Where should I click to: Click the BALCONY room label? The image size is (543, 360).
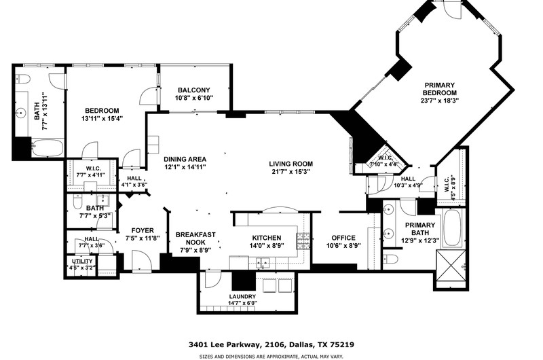pos(194,90)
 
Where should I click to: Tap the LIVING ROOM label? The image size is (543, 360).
pos(291,164)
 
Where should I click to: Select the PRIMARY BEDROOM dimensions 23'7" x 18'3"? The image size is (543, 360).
pos(439,101)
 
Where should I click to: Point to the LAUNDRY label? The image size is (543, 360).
pos(242,297)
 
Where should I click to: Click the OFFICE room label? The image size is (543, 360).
pos(343,238)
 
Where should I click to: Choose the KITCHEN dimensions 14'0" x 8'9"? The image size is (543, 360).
pos(267,246)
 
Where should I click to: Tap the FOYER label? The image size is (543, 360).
pos(143,230)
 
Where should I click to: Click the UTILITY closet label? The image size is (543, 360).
pos(82,262)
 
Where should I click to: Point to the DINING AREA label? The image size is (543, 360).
pos(185,160)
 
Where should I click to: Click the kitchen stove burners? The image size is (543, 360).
pos(303,241)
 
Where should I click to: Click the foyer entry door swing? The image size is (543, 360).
pos(142,260)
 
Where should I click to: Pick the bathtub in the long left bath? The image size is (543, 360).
pos(48,148)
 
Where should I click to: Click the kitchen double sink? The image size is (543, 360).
pos(263,262)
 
